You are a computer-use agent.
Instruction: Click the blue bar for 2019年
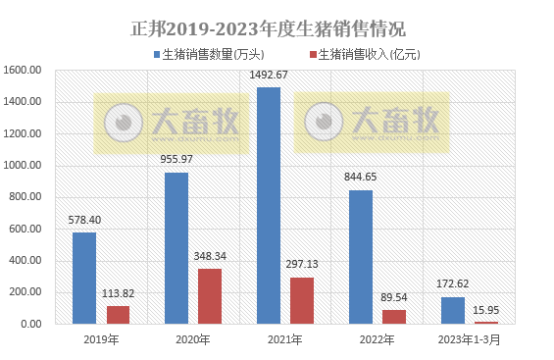[84, 278]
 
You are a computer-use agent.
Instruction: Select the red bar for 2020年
[209, 295]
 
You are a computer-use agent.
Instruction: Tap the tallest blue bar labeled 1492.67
[269, 205]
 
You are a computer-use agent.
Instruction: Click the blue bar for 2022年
[360, 257]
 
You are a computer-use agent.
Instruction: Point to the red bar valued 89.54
[393, 317]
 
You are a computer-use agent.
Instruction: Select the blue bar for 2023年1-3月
[452, 310]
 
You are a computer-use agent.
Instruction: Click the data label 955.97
[176, 159]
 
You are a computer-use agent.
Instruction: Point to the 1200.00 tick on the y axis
[23, 133]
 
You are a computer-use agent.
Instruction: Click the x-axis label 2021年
[284, 339]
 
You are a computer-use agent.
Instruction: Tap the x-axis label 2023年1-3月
[469, 339]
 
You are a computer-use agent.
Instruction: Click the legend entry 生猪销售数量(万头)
[214, 54]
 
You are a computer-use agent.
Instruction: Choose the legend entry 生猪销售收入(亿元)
[369, 54]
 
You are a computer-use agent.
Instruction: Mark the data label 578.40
[84, 220]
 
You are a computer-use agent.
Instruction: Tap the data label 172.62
[452, 283]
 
